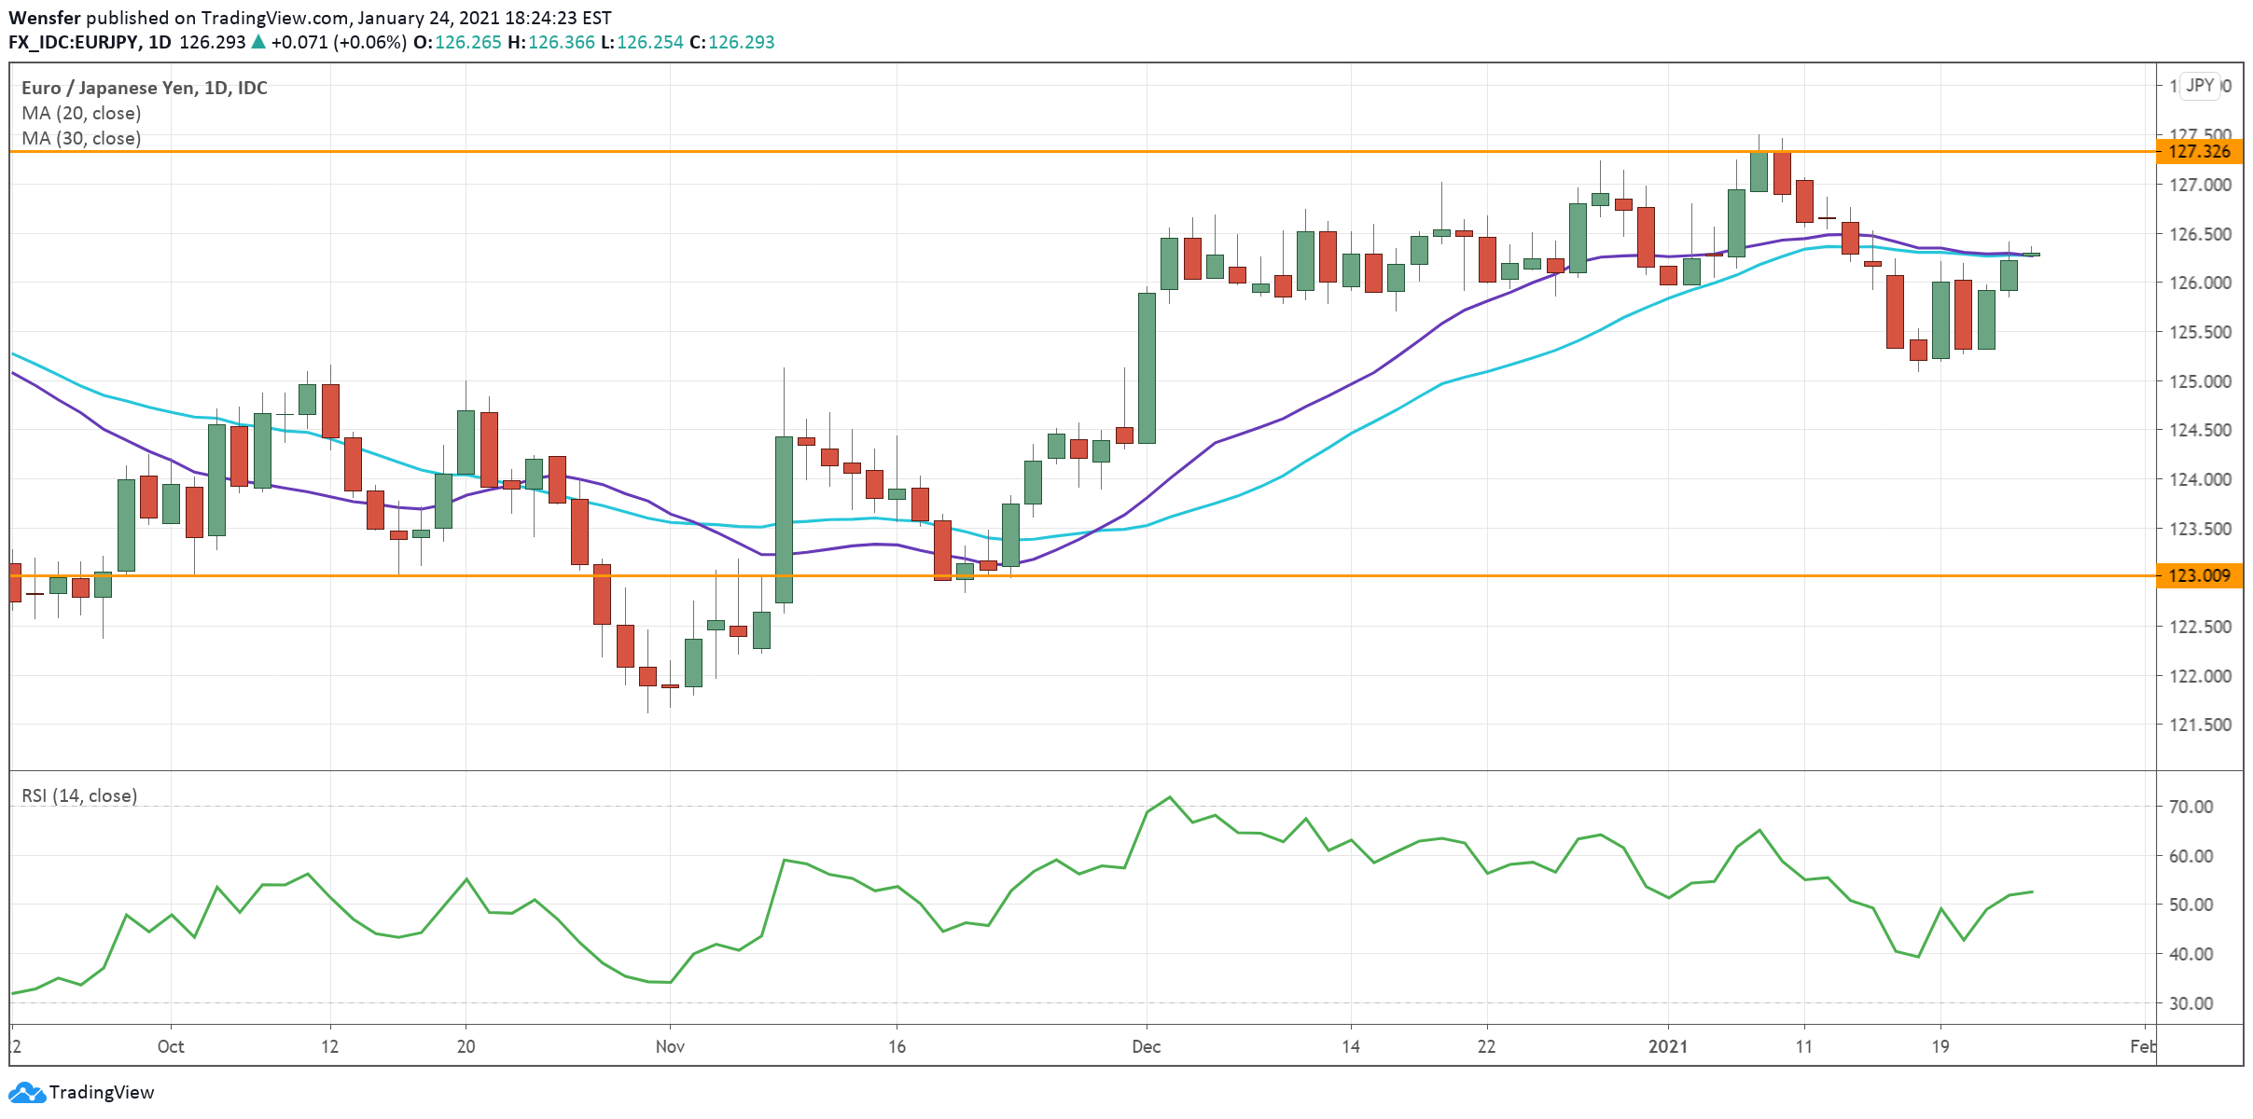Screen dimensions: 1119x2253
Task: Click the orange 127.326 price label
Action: pos(2199,151)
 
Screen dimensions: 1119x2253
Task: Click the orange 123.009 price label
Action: pos(2199,575)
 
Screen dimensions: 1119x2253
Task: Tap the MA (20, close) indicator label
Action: pos(81,113)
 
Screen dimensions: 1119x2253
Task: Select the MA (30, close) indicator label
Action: pos(81,138)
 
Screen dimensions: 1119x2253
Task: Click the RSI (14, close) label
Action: pos(79,795)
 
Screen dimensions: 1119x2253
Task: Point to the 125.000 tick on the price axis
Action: pos(2200,380)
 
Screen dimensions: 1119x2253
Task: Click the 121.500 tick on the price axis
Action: pos(2200,725)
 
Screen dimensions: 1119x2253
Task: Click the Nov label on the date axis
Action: pos(670,1046)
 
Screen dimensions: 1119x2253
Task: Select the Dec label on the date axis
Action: pos(1146,1046)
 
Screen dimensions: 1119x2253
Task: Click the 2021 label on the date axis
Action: pos(1668,1046)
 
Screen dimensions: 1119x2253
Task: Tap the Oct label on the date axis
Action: pos(171,1046)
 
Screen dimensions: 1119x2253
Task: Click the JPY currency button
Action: pos(2200,86)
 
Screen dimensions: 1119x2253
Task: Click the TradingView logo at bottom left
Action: pos(81,1092)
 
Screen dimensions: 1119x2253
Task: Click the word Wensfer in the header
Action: pos(45,18)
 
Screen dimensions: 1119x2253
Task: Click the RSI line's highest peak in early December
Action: pos(1170,797)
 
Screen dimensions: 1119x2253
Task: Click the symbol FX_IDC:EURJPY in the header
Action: pos(74,42)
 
